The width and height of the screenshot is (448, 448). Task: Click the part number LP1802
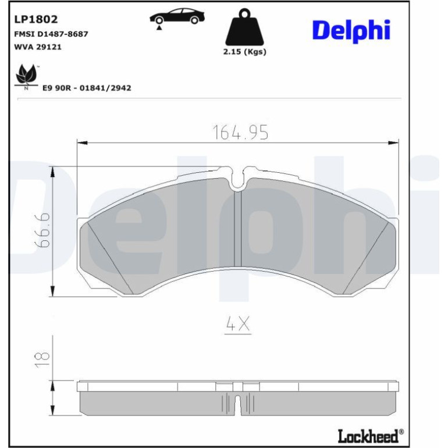[x=36, y=19]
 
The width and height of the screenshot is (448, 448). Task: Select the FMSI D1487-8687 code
[x=51, y=34]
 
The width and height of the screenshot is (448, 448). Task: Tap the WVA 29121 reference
[x=38, y=47]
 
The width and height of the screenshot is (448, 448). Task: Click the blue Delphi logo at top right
[x=351, y=31]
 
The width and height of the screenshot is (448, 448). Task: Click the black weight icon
[x=244, y=27]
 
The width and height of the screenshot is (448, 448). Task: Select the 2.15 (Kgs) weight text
[x=244, y=52]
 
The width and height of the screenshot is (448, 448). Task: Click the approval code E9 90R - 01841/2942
[x=87, y=88]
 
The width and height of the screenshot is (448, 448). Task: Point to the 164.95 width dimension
[x=240, y=132]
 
